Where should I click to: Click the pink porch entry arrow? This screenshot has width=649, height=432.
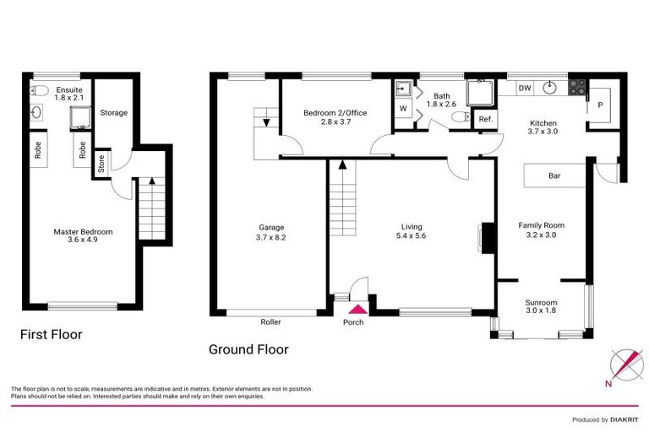[x=353, y=309]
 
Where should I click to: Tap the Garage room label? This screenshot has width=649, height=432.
[x=270, y=226]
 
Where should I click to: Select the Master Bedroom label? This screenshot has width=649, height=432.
[x=83, y=232]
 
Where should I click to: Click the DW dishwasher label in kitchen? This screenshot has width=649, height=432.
[x=525, y=88]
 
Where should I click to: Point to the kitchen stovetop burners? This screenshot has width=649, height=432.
[x=578, y=85]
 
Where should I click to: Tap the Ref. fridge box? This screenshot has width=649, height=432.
[x=485, y=120]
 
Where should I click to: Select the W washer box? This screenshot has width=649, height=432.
[x=402, y=108]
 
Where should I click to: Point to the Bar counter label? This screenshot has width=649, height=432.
[x=555, y=176]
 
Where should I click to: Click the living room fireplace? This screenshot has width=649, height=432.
[x=486, y=237]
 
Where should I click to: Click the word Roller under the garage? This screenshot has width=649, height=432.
[x=271, y=322]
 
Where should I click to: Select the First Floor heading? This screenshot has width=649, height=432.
[x=52, y=335]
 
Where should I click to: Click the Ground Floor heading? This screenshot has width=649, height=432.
[x=248, y=348]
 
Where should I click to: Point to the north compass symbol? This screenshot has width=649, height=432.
[x=624, y=364]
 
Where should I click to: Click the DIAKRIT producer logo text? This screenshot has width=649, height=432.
[x=622, y=419]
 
